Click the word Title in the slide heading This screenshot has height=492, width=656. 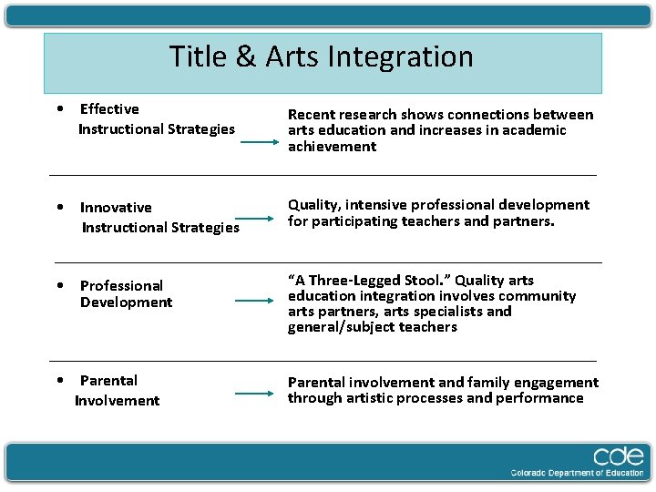[x=199, y=57]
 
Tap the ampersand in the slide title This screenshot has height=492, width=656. [x=246, y=57]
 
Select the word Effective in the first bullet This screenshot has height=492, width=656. [x=109, y=109]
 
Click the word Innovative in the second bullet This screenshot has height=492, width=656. [x=116, y=208]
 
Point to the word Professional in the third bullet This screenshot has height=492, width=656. [x=121, y=286]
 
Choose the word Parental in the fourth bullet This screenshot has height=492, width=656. [x=108, y=381]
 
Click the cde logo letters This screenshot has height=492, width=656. [x=618, y=456]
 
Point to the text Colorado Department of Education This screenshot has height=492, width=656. [x=577, y=473]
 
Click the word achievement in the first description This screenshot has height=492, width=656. [x=332, y=147]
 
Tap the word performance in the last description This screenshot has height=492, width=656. [x=538, y=398]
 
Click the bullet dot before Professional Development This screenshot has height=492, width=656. [x=59, y=286]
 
